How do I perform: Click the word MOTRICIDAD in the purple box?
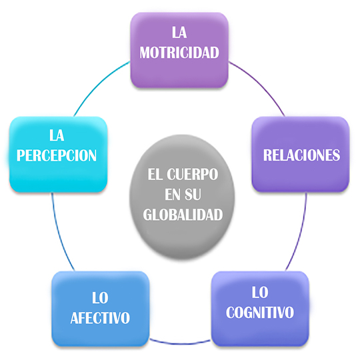click(x=179, y=53)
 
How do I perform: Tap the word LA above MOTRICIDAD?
click(x=179, y=33)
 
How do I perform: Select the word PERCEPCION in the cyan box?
click(x=57, y=155)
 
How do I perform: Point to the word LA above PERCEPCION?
click(x=57, y=135)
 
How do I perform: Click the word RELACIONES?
click(x=301, y=155)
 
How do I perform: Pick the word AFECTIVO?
click(x=100, y=318)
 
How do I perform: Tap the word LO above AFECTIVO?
click(x=100, y=298)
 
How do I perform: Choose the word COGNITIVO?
click(x=260, y=312)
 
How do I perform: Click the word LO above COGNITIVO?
click(x=260, y=292)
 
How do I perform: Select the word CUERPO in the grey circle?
click(x=193, y=175)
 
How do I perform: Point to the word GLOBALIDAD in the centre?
click(x=183, y=215)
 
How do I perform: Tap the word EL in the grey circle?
click(x=155, y=175)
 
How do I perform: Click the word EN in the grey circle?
click(x=173, y=195)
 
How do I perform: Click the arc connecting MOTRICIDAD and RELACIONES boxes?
click(x=260, y=85)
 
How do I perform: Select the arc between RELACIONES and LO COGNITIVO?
click(x=300, y=233)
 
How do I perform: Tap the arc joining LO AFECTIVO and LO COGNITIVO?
click(x=180, y=343)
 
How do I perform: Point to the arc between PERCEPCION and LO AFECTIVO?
click(x=59, y=233)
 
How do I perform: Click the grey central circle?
click(x=182, y=197)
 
